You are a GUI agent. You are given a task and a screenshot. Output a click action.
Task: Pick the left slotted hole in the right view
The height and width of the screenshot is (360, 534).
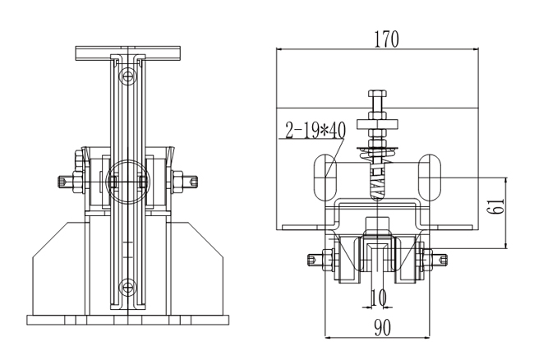point(326,173)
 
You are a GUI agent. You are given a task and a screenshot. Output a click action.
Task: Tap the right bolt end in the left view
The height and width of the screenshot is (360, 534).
point(191,181)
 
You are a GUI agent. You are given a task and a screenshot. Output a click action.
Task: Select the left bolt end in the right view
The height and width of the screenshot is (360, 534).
point(313,261)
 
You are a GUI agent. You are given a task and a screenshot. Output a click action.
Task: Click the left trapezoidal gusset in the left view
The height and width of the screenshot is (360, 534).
point(58,267)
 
